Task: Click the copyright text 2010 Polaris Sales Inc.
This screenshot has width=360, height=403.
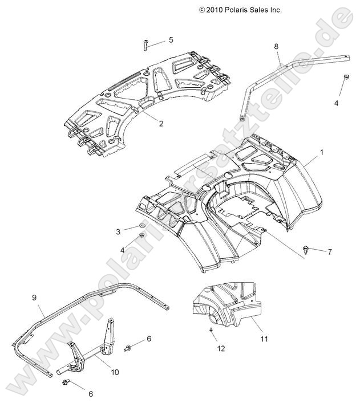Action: coord(240,10)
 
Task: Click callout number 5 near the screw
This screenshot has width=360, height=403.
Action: coord(171,40)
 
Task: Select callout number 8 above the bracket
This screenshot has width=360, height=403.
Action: coord(276,46)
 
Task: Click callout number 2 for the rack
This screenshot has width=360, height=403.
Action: coord(161,123)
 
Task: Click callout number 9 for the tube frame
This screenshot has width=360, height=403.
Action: coord(34,298)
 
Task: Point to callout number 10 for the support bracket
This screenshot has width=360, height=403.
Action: coord(114,372)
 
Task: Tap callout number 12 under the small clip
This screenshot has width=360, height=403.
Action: coord(220,348)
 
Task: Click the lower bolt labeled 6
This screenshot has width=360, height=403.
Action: coord(68,383)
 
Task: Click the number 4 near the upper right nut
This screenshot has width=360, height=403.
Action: coord(337,103)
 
